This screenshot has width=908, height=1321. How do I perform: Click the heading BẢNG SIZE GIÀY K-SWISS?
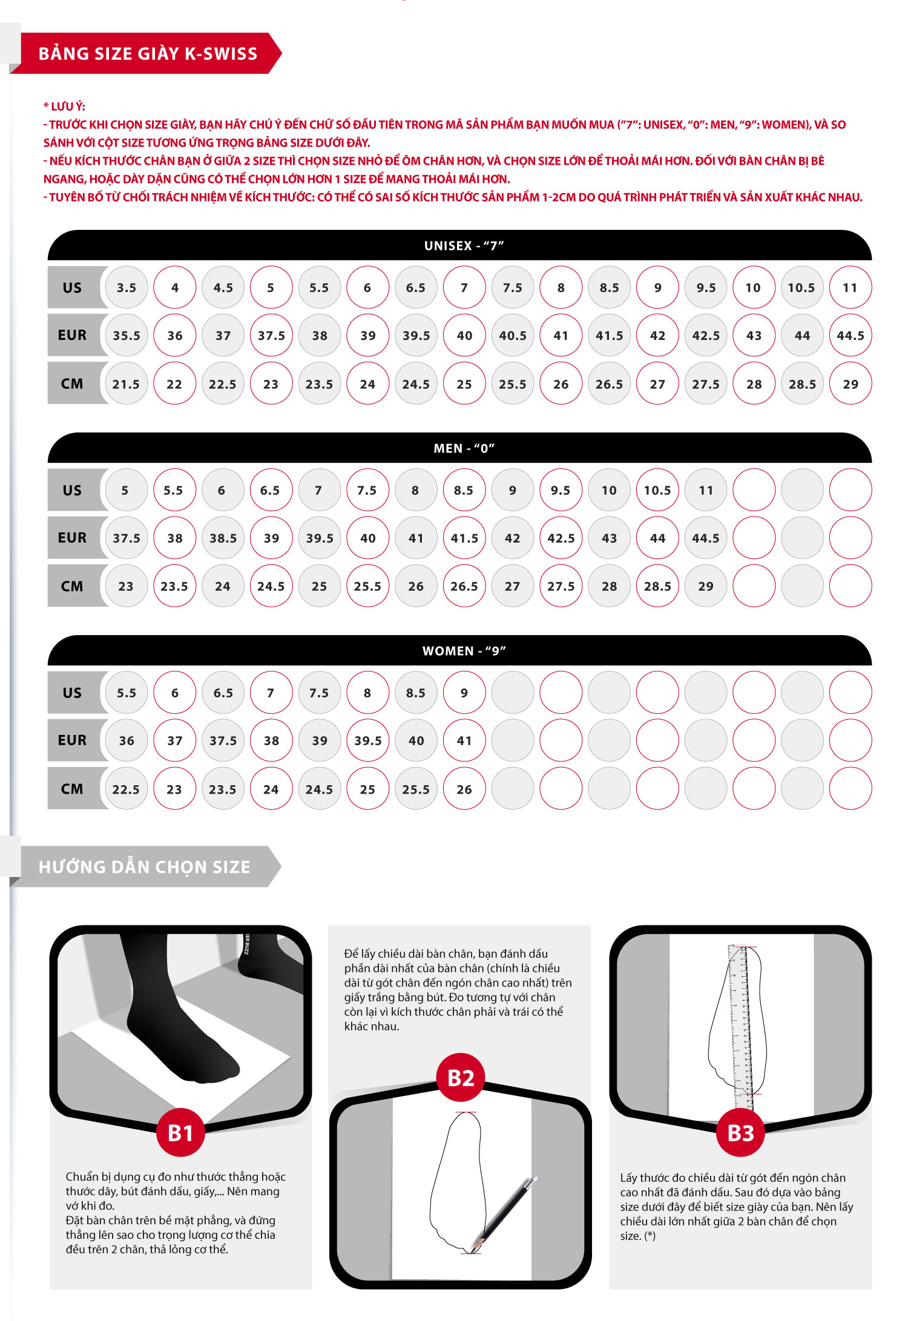coord(148,54)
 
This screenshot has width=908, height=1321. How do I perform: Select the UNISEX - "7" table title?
coord(464,246)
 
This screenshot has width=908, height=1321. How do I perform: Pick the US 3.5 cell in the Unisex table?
coord(127,287)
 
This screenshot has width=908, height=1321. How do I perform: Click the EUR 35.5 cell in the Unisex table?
coord(127,335)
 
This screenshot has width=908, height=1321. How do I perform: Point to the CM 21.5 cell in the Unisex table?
coord(127,383)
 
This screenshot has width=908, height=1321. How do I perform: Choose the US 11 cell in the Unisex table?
coord(850,287)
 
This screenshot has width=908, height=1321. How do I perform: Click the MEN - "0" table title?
coord(464,448)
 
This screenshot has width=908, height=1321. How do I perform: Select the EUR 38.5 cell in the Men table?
coord(223,538)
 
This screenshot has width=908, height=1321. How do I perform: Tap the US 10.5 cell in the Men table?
coord(657,490)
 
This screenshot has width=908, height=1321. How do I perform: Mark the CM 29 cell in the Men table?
coord(706,585)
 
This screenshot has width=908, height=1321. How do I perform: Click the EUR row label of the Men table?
coord(72,538)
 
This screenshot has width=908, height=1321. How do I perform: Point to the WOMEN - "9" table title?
coord(464,651)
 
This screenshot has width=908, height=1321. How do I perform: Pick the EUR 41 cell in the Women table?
coord(464,740)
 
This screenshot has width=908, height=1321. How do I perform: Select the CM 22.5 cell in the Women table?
coord(127,789)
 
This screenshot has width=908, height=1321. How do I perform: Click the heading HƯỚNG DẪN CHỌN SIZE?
coord(144,867)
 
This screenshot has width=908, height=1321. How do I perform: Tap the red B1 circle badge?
coord(180,1132)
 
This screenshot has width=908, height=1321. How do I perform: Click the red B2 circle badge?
coord(461,1077)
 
